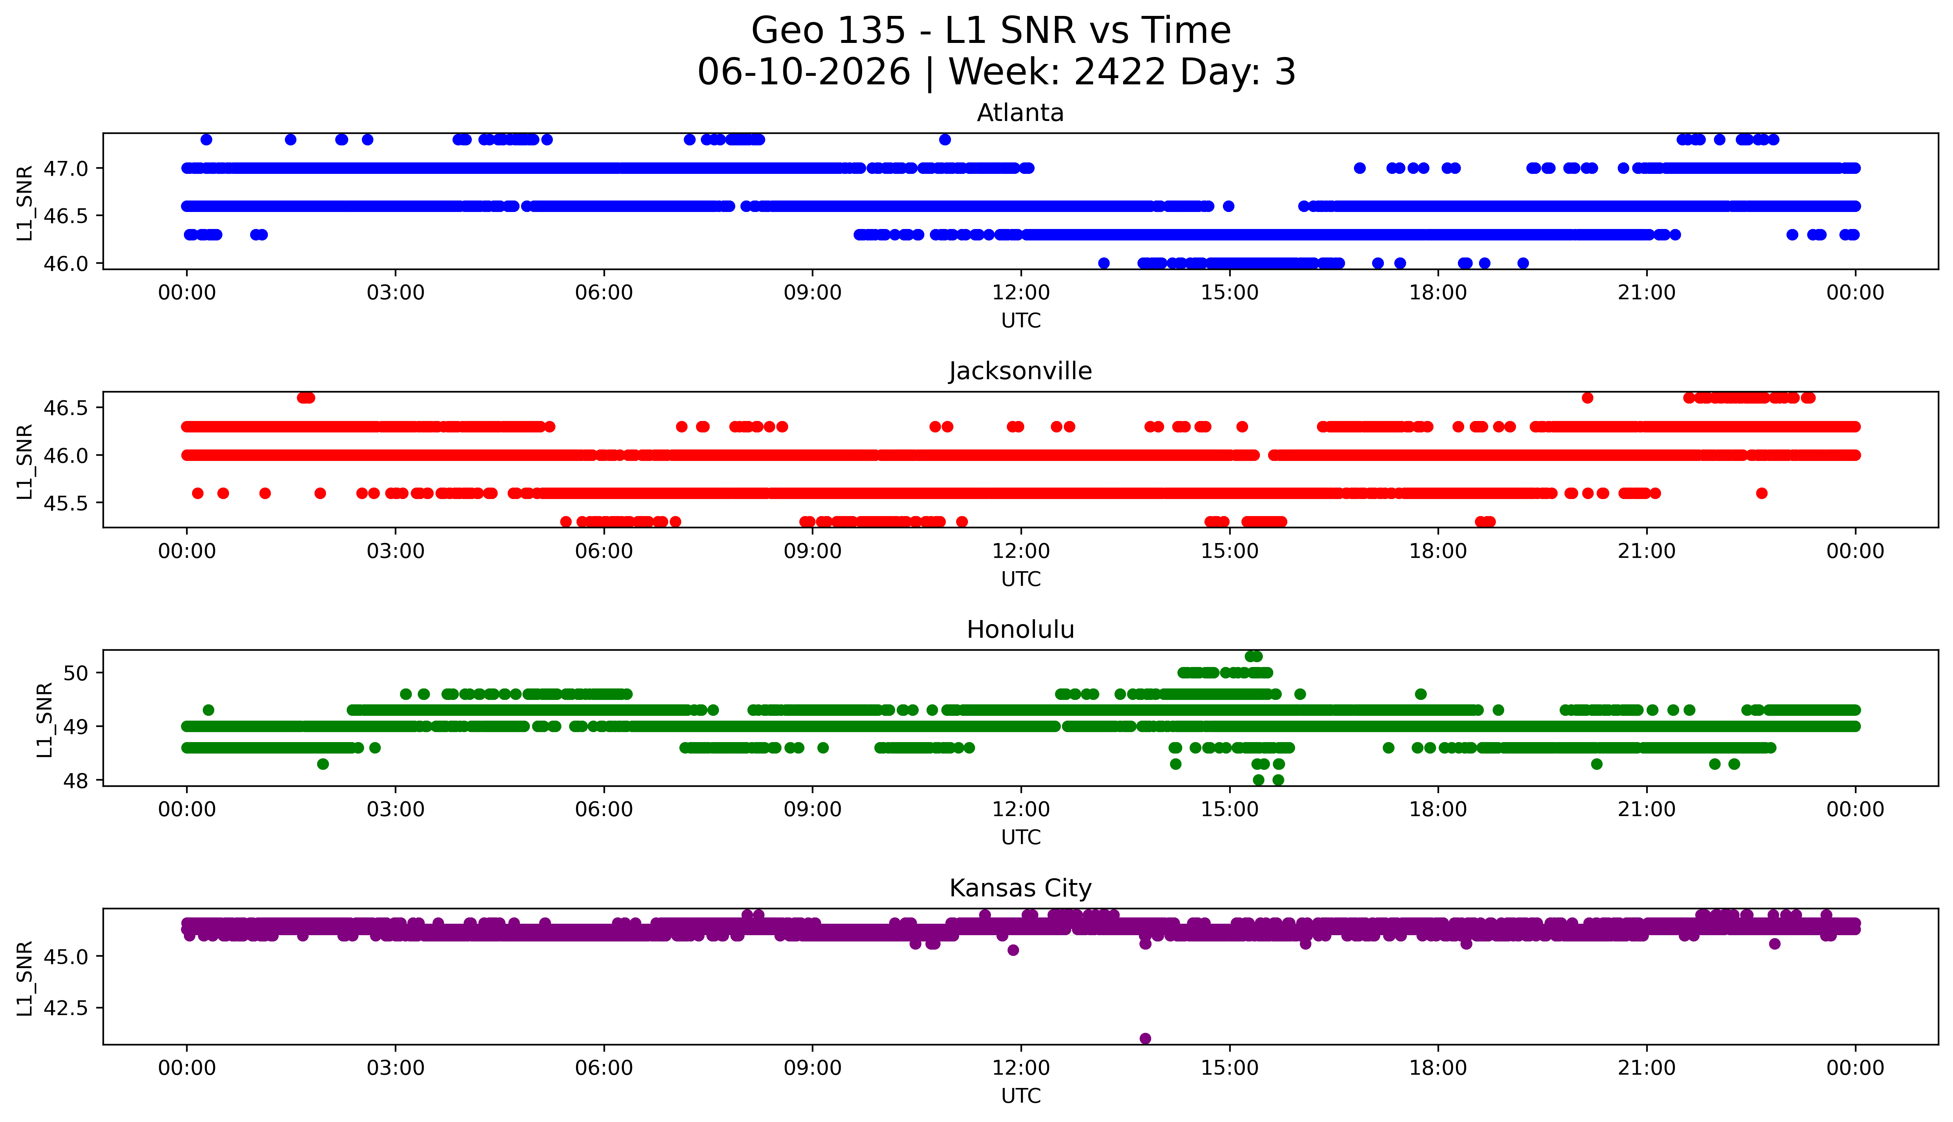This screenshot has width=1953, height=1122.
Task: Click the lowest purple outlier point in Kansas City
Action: (1145, 1038)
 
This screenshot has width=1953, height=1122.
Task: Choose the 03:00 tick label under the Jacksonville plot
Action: (396, 551)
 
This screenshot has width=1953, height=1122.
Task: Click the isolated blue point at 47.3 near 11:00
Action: (945, 139)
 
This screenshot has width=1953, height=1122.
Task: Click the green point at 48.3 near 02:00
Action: (323, 764)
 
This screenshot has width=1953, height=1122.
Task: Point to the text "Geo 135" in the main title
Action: (828, 31)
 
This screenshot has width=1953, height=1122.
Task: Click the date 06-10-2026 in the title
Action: (804, 73)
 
